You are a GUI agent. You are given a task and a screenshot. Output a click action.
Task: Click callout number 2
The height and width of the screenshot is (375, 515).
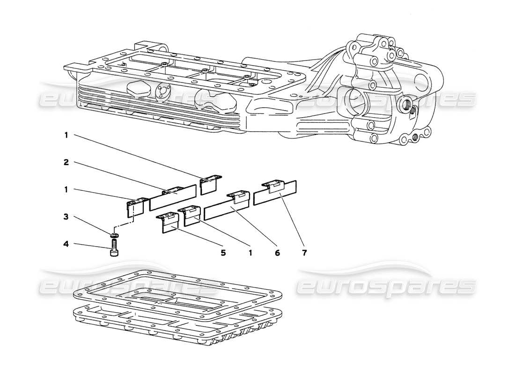(x=66, y=162)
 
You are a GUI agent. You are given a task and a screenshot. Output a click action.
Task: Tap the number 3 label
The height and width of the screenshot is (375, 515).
(x=66, y=217)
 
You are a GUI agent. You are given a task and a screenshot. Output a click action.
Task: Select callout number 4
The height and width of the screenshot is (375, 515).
(x=66, y=243)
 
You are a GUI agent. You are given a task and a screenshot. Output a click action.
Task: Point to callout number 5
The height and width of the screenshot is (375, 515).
(x=223, y=253)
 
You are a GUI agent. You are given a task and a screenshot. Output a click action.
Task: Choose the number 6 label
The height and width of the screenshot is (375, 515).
(x=277, y=253)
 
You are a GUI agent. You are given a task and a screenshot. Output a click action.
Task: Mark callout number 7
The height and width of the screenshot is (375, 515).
(x=304, y=253)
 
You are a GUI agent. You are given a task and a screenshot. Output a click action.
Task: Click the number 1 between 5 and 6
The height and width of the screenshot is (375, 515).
(x=250, y=253)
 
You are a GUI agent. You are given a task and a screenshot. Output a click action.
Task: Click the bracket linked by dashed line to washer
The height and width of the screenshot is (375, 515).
(x=134, y=207)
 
